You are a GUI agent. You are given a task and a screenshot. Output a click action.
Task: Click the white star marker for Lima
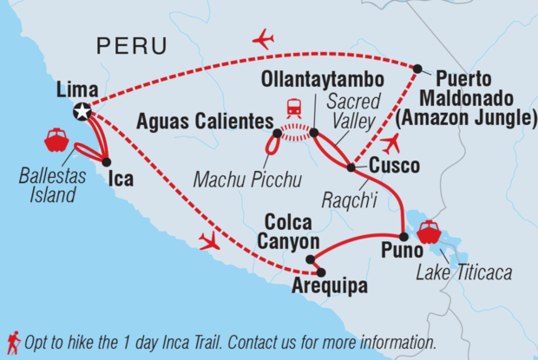(82, 111)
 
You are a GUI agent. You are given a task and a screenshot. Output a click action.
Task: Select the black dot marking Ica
(106, 161)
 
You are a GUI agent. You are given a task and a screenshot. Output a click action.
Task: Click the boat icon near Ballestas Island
(56, 139)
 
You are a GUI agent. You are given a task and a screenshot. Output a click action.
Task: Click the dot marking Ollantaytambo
(313, 134)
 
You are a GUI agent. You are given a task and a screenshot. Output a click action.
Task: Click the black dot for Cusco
(351, 167)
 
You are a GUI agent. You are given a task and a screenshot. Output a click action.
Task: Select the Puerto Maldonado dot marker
(417, 69)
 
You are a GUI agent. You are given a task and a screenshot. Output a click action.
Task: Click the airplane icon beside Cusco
(391, 143)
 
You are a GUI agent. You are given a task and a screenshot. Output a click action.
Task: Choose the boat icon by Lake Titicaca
(429, 232)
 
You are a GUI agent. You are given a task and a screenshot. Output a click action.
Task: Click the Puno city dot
(403, 237)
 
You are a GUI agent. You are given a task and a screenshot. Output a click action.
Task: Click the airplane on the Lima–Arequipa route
(209, 240)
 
